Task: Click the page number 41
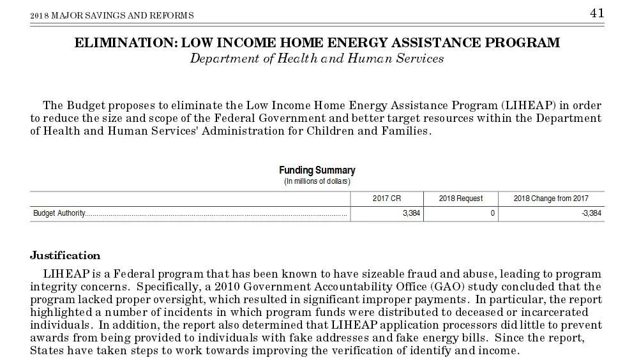point(596,13)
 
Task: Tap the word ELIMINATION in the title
point(125,43)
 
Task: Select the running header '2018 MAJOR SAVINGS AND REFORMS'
point(112,15)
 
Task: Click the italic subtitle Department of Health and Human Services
point(317,59)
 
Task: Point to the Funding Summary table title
point(317,170)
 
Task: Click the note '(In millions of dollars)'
point(317,181)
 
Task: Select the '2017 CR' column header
point(387,199)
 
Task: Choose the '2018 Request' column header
point(460,199)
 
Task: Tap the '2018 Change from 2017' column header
point(550,199)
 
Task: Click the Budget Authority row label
point(59,213)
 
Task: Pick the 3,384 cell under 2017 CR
point(411,213)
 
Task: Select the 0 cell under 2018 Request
point(493,213)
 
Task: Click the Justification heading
point(65,256)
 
